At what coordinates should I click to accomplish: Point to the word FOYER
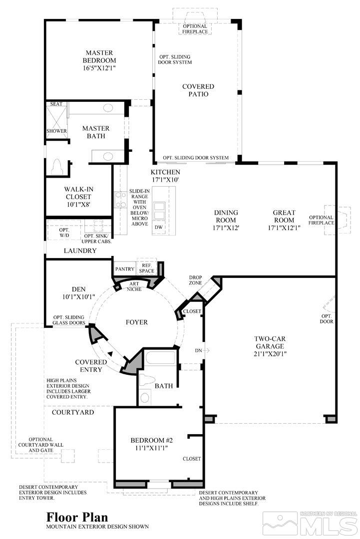[136, 322]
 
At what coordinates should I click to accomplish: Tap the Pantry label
[125, 269]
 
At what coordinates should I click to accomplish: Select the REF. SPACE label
[147, 268]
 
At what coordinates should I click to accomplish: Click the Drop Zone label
[195, 280]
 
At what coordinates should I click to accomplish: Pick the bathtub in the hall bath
[161, 358]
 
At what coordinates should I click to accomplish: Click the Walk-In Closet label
[79, 193]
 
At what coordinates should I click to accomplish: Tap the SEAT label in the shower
[56, 104]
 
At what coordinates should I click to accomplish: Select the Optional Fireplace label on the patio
[195, 29]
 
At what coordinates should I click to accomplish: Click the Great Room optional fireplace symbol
[331, 220]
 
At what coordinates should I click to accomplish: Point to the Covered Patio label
[198, 90]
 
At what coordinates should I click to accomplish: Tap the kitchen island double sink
[160, 210]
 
